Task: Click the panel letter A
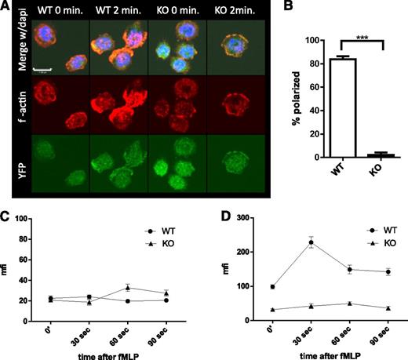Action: (6, 6)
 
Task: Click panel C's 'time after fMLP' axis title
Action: (113, 351)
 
